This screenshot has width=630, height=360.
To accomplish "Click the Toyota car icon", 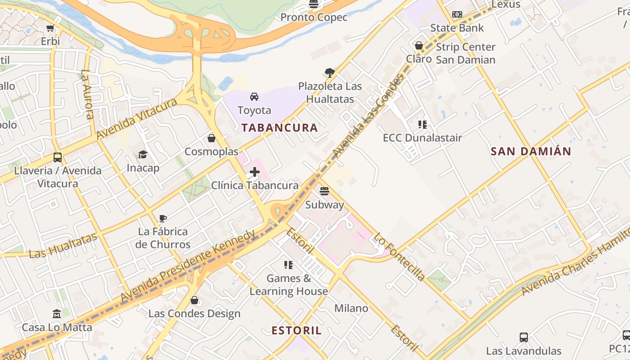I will click(254, 97).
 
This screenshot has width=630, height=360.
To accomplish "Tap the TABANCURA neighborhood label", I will click(279, 127).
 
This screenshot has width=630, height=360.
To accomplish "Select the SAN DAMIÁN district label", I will click(531, 151).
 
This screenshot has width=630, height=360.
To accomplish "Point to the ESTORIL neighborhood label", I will click(297, 331).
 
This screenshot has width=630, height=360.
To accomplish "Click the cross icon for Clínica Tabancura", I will click(255, 172).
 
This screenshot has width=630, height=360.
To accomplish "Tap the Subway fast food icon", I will click(324, 191).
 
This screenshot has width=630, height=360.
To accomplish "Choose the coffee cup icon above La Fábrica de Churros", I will click(163, 219).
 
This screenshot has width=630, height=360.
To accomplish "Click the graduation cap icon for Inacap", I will click(143, 155).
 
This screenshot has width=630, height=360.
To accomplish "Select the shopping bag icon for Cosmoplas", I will click(211, 138).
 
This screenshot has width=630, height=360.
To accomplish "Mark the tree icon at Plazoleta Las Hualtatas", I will click(329, 73).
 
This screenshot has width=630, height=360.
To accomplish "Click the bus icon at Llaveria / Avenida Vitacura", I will click(58, 157).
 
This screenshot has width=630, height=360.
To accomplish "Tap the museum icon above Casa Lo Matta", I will click(57, 314).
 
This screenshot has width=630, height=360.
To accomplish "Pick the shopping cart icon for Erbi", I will click(50, 28).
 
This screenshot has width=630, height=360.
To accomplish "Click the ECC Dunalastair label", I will click(422, 137).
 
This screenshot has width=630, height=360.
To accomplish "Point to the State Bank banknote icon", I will click(457, 14).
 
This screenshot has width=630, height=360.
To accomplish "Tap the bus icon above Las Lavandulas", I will click(523, 337).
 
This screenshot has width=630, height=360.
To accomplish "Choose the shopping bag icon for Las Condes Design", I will click(194, 300).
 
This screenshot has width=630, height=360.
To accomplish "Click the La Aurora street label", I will click(88, 94).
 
